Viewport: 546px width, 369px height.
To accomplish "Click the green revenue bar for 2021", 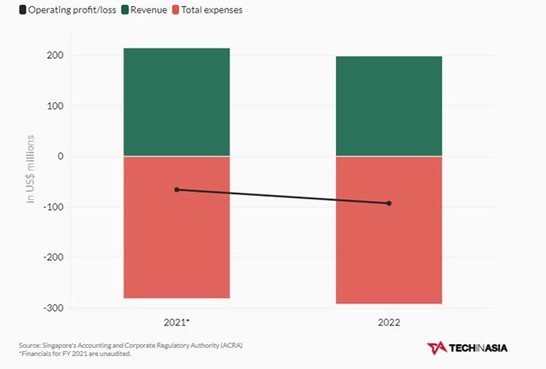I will (x=177, y=102).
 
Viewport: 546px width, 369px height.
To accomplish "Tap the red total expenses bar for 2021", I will (x=177, y=247).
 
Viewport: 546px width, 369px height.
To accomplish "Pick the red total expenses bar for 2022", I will (x=389, y=256).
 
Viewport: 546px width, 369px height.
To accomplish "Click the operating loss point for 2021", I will (x=177, y=189).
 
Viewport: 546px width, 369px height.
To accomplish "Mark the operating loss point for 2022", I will (x=389, y=203).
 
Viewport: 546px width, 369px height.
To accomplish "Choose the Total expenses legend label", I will (x=218, y=9).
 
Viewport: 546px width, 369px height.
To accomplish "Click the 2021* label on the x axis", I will (x=177, y=324).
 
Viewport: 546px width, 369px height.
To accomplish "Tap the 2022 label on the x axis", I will (x=389, y=324).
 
